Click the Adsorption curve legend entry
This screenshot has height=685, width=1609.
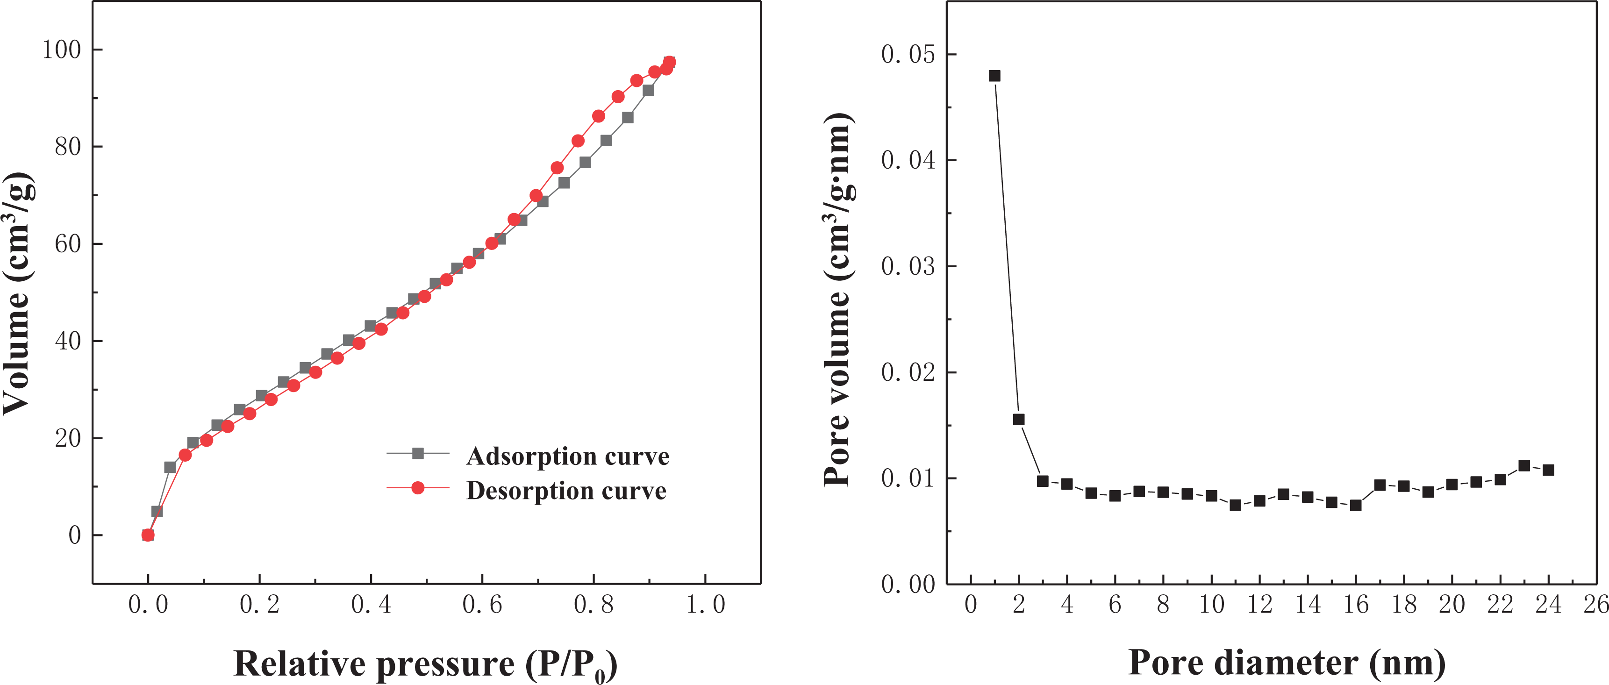point(567,456)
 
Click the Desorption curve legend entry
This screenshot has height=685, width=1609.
point(566,490)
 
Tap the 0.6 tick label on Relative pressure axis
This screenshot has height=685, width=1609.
point(482,605)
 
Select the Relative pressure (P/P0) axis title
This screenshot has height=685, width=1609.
point(425,664)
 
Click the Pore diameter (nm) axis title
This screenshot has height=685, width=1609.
point(1287,663)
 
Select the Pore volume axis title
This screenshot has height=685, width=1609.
point(838,300)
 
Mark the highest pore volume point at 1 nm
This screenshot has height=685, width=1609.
point(995,76)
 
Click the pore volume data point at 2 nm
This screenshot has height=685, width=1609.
point(1019,420)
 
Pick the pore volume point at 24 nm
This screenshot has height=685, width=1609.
point(1548,470)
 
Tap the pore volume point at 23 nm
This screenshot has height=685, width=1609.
point(1524,466)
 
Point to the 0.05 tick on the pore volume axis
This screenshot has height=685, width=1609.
point(908,54)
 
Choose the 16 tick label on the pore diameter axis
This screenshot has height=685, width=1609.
point(1356,605)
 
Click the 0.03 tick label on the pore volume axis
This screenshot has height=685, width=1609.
point(908,267)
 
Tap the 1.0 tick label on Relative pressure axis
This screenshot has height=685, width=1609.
point(706,605)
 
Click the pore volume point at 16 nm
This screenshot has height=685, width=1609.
point(1356,505)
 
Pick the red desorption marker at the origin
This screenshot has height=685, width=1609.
point(148,535)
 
